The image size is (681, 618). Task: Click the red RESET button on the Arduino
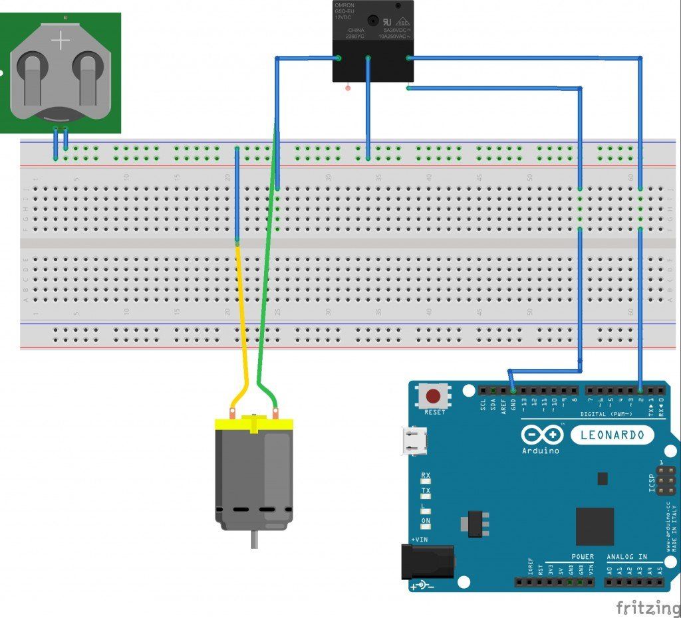[x=433, y=397]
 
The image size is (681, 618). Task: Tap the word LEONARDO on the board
[x=613, y=435]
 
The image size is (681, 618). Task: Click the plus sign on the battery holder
[x=61, y=41]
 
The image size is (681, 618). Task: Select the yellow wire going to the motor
[x=242, y=319]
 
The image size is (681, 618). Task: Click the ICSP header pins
[x=666, y=480]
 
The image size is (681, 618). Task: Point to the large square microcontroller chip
[x=595, y=526]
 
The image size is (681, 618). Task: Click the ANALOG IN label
[x=626, y=556]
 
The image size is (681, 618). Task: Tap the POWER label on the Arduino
[x=583, y=556]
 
